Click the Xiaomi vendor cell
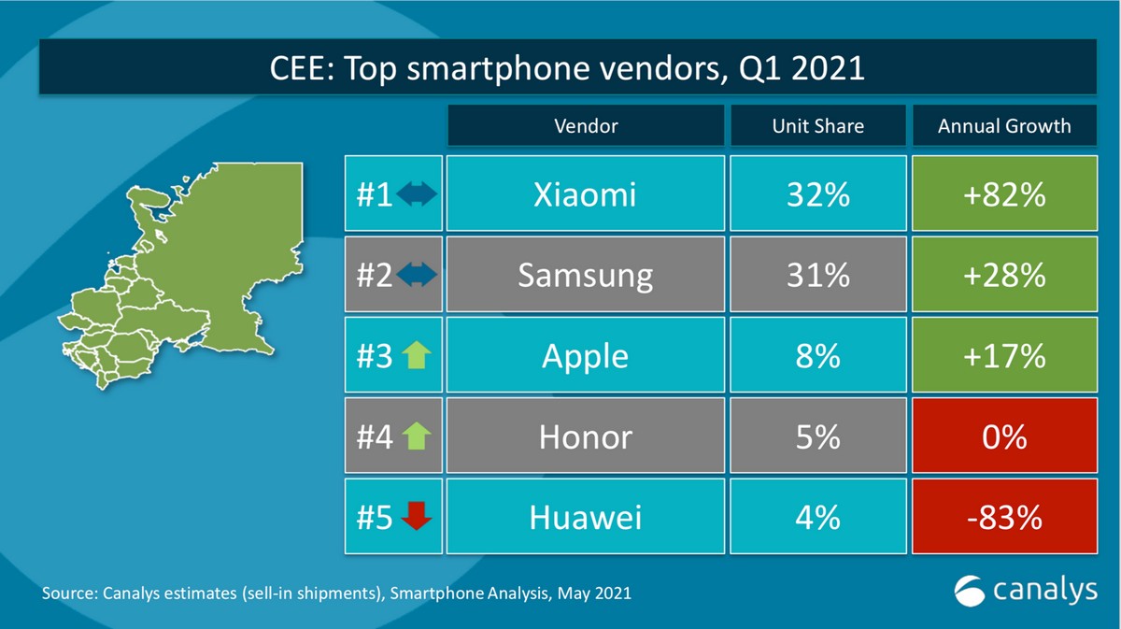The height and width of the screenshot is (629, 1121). coord(586,193)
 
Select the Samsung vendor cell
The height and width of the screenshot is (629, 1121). coord(586,275)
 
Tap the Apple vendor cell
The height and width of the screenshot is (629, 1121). coord(586,355)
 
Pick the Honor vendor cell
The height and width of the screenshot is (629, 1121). coord(586,436)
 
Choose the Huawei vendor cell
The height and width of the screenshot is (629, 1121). coord(586,516)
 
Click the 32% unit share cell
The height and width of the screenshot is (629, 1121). coord(817,193)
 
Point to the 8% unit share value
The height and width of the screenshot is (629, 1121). coord(817,355)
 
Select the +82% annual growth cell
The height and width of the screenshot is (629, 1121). coord(1004,193)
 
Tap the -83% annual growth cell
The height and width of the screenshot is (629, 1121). coord(1004,516)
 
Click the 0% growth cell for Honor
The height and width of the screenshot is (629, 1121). coord(1004,436)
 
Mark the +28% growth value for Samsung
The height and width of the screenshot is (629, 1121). coord(1004,275)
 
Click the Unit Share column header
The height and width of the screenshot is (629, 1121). coord(817,125)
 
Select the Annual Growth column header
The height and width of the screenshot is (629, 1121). coord(1004,125)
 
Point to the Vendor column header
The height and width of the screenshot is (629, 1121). coord(586,125)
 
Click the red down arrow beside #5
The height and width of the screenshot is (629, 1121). coord(416,516)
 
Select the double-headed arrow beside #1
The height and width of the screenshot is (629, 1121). coord(417,194)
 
